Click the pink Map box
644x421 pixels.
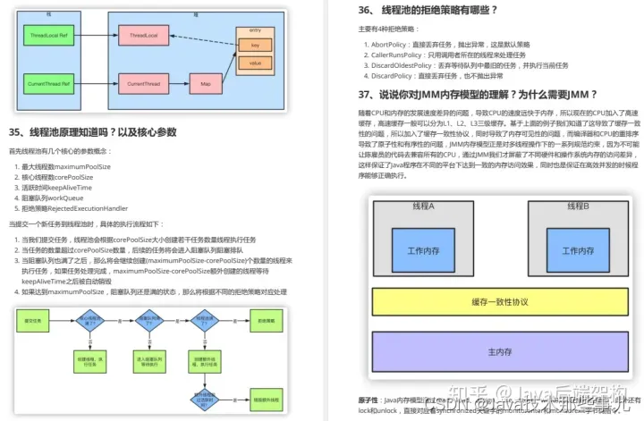[206, 84]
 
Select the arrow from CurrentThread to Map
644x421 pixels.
[178, 84]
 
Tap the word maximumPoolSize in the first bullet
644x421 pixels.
[83, 166]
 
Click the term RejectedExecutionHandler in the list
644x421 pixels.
[89, 207]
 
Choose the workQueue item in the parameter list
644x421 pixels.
[68, 198]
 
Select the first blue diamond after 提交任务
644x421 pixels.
[88, 320]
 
